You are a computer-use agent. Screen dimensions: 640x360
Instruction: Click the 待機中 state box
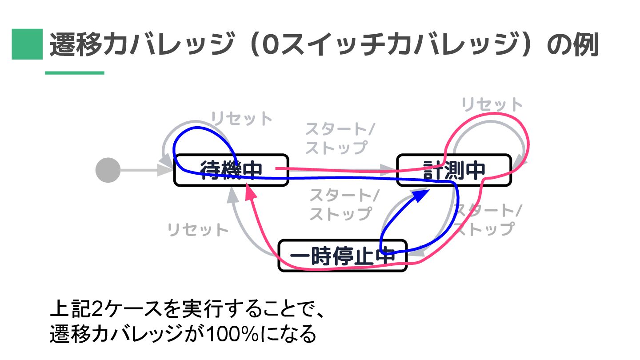click(231, 170)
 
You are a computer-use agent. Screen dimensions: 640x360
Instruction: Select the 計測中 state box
click(453, 170)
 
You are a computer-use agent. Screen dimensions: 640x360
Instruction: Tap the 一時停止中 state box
click(342, 256)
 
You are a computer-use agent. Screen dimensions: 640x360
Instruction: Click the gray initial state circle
click(108, 170)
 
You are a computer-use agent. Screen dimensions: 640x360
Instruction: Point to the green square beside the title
click(27, 44)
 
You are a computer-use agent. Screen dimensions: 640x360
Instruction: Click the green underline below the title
click(74, 72)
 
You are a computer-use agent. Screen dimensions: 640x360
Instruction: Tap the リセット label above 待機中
click(241, 119)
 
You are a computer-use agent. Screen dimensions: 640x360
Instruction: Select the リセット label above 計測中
click(492, 105)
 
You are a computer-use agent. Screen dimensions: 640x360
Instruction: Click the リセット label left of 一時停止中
click(198, 230)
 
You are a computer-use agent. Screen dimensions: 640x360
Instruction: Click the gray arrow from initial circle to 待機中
click(140, 170)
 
